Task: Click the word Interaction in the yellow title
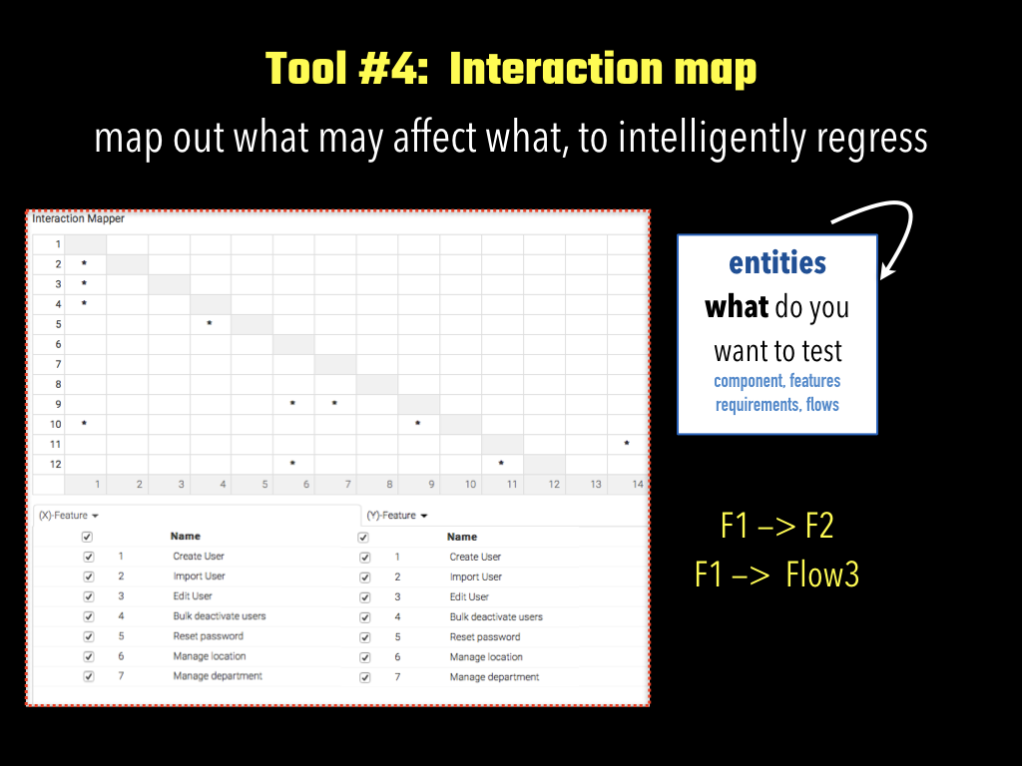(556, 68)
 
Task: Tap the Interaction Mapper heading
(78, 218)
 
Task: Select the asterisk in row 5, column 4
(210, 323)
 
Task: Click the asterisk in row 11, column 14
(627, 443)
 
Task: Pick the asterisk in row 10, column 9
(418, 423)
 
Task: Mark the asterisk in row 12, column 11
(501, 463)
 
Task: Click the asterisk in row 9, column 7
(334, 403)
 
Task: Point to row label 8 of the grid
(58, 384)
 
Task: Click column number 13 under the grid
(596, 484)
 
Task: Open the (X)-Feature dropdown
(68, 516)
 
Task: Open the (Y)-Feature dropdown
(397, 516)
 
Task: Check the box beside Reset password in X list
(89, 636)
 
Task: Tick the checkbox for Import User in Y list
(365, 577)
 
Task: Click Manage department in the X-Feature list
(218, 676)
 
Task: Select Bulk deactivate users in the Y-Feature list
(496, 616)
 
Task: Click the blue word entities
(776, 263)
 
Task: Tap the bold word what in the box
(737, 306)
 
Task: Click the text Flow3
(822, 574)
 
